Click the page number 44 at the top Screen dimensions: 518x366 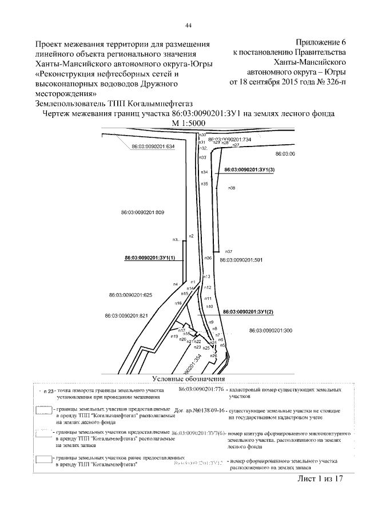[188, 25]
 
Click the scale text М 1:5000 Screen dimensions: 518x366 [188, 124]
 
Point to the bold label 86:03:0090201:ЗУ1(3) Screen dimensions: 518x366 [250, 170]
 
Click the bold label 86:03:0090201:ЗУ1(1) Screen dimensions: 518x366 [150, 259]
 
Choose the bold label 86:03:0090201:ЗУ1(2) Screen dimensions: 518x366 [249, 312]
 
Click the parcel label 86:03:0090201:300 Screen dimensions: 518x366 [271, 330]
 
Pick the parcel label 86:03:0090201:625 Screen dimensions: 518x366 [130, 295]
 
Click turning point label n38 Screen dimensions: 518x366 [232, 188]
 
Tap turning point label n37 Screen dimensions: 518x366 [228, 252]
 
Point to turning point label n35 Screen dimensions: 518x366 [204, 184]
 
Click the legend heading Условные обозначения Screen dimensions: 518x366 [188, 379]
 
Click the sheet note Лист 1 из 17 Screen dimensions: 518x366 [320, 479]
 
